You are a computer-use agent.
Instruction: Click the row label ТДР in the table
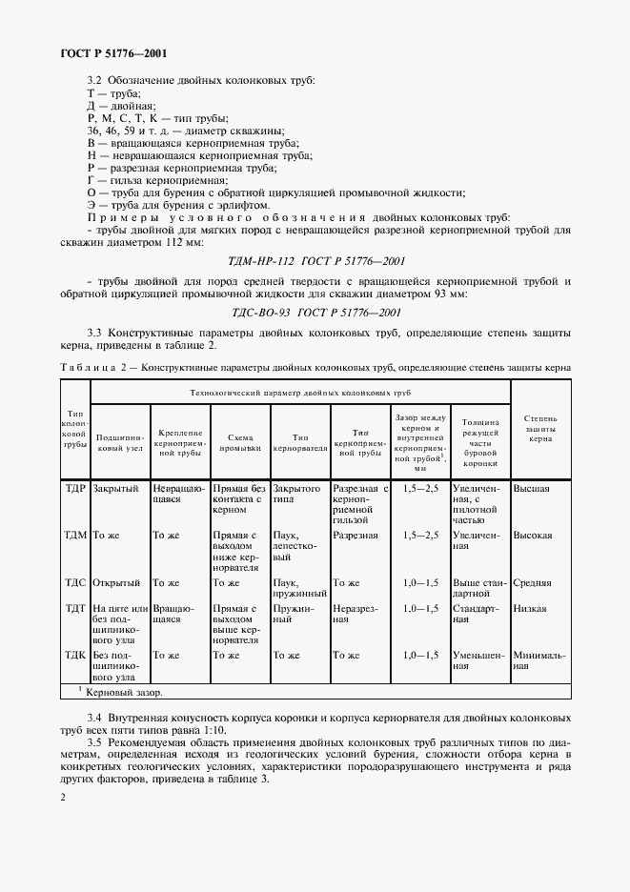pos(75,489)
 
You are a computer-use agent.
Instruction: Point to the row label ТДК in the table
pos(75,656)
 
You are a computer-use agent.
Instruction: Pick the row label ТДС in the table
pos(75,582)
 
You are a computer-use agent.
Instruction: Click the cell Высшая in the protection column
pos(532,489)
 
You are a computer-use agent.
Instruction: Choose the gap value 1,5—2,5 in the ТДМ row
pos(420,536)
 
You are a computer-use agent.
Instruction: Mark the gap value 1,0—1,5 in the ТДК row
pos(420,656)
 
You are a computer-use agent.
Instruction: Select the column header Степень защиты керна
pos(539,432)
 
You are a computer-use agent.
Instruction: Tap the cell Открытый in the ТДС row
pos(116,582)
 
